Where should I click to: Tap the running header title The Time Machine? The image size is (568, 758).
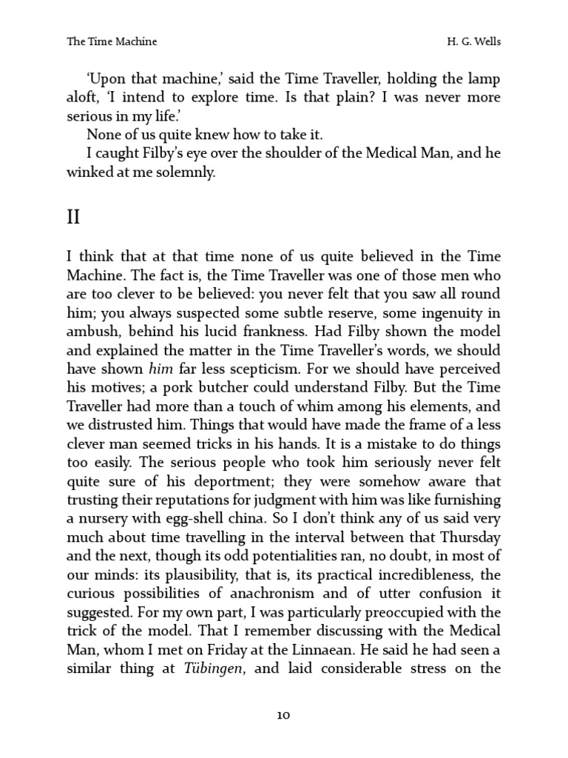tap(112, 42)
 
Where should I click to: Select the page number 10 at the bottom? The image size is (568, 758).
tap(284, 715)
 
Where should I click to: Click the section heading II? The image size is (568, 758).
tap(74, 217)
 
